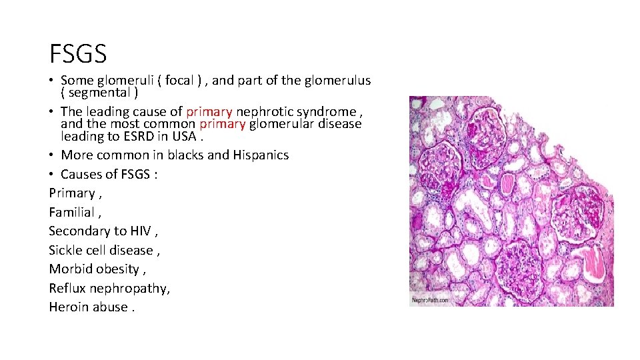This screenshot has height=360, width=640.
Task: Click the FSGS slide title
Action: point(78,52)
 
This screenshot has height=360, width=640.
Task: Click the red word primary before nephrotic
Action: point(209,111)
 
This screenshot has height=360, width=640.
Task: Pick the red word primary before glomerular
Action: point(223,123)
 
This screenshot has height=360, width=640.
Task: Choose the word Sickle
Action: point(66,250)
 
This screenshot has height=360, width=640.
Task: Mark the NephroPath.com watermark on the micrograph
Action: point(431,300)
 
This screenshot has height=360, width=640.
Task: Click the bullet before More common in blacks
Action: point(52,155)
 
